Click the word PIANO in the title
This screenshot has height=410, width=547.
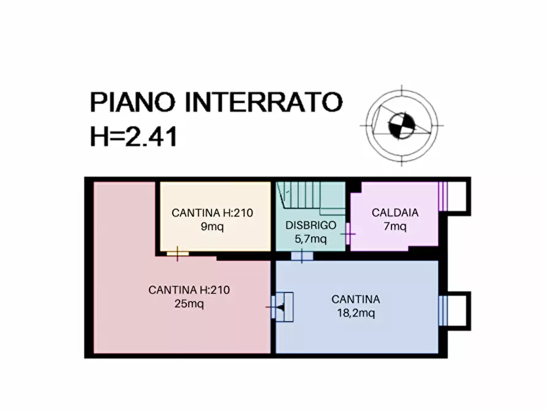pyautogui.click(x=132, y=102)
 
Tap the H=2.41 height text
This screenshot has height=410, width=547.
pyautogui.click(x=134, y=136)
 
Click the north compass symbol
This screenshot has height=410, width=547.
pyautogui.click(x=402, y=125)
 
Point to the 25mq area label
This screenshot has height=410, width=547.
pyautogui.click(x=189, y=303)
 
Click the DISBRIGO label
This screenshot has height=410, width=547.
pyautogui.click(x=311, y=225)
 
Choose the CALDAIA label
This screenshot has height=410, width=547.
pyautogui.click(x=395, y=213)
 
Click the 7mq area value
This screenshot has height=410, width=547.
pyautogui.click(x=395, y=226)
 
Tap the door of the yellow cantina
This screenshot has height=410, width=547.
pyautogui.click(x=178, y=253)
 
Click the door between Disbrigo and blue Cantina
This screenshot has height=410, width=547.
pyautogui.click(x=301, y=256)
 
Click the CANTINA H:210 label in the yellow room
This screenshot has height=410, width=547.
pyautogui.click(x=212, y=213)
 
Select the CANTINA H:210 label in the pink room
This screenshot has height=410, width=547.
pyautogui.click(x=189, y=290)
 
